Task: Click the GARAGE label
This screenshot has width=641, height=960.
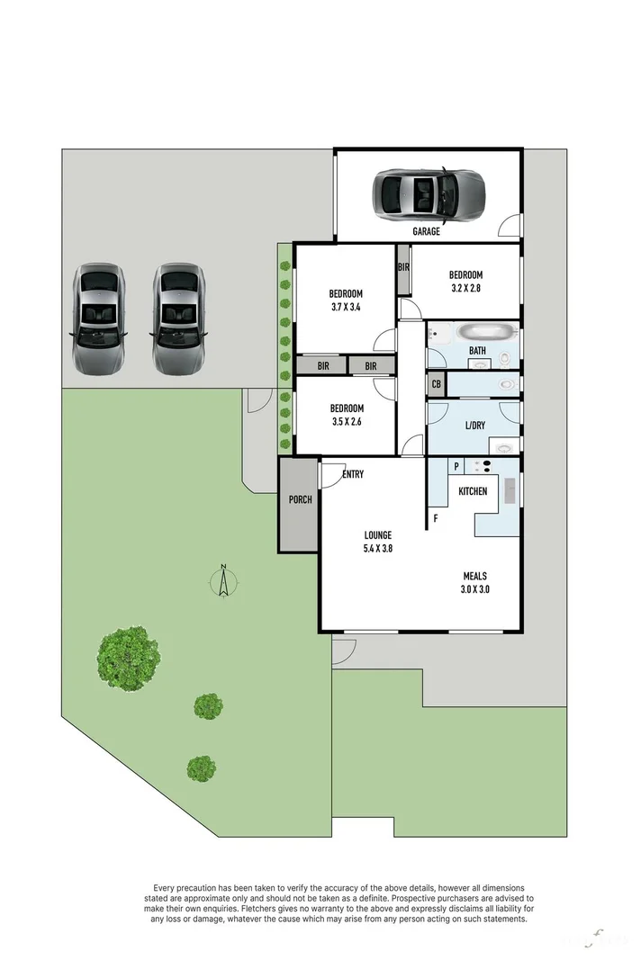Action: tap(426, 231)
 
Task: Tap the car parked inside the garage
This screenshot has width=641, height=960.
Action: tap(429, 193)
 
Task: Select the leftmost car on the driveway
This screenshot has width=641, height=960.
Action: tap(98, 319)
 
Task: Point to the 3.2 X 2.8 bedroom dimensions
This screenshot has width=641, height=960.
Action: tap(465, 289)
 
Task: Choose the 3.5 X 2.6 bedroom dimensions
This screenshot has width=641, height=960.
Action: tap(347, 421)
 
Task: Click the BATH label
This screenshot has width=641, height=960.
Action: tap(477, 351)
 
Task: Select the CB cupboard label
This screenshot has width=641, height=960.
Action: tap(437, 384)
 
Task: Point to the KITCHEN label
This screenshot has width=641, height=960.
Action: tap(473, 491)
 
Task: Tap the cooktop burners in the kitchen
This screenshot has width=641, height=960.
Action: tap(483, 465)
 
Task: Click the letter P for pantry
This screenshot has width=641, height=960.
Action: tap(456, 465)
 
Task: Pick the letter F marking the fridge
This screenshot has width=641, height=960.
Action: tap(436, 518)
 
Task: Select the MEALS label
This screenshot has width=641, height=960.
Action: tap(475, 576)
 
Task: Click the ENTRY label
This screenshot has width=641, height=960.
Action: tap(353, 474)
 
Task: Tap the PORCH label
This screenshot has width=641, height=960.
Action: tap(299, 499)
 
